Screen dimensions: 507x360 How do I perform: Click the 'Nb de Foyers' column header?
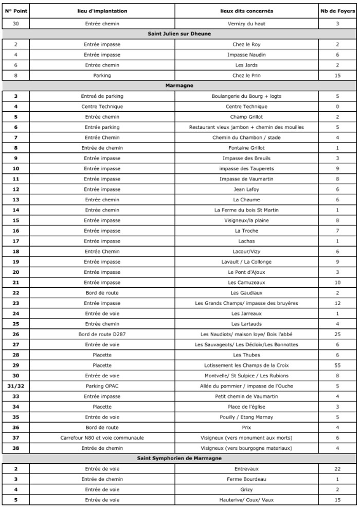(x=337, y=11)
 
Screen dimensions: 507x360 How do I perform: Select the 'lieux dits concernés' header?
(x=246, y=11)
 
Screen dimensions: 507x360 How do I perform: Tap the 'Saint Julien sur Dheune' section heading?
(x=179, y=34)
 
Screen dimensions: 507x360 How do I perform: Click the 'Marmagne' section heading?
(x=179, y=85)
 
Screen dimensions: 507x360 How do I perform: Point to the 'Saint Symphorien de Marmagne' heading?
(x=179, y=458)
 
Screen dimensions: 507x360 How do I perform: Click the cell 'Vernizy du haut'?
(x=246, y=24)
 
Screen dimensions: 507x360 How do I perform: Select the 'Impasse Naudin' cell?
(x=246, y=55)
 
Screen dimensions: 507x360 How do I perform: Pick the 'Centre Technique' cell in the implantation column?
(x=102, y=107)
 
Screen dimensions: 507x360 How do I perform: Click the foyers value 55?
(x=337, y=365)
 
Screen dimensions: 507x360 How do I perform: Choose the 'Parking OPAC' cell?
(x=102, y=386)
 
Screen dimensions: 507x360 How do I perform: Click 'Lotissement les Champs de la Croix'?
(x=246, y=365)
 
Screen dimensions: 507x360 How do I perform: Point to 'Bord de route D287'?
(x=102, y=334)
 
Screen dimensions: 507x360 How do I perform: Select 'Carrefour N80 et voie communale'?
(x=102, y=438)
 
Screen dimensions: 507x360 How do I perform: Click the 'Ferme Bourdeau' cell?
(x=246, y=479)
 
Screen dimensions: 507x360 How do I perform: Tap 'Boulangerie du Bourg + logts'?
(x=246, y=96)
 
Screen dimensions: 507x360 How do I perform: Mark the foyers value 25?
(x=337, y=334)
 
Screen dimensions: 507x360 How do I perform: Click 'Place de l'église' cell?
(x=246, y=407)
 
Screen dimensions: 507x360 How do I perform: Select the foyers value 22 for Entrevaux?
(x=337, y=468)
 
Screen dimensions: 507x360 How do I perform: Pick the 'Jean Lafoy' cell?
(x=246, y=189)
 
